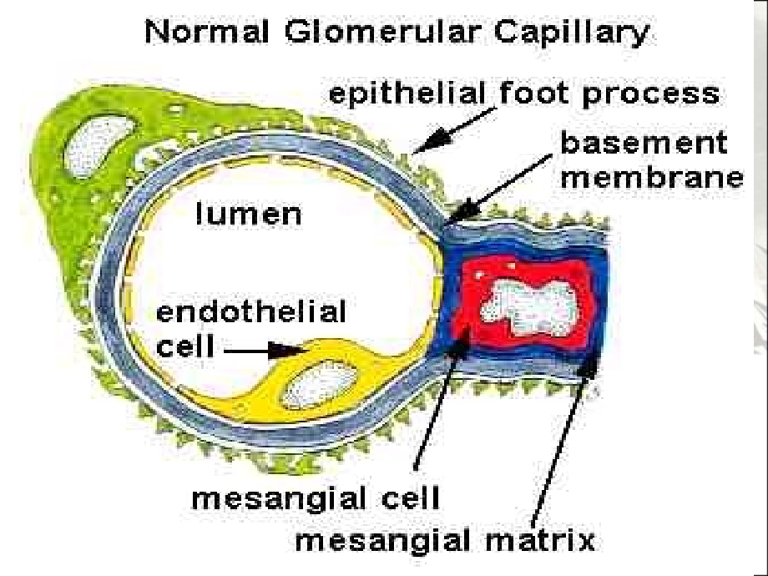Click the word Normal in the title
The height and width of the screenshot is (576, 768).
(207, 32)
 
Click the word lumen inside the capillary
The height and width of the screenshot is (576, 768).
(249, 214)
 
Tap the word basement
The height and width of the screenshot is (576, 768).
(643, 143)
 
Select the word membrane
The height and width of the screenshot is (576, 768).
(652, 177)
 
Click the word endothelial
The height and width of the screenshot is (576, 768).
(250, 312)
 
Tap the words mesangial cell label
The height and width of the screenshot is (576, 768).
(315, 498)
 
